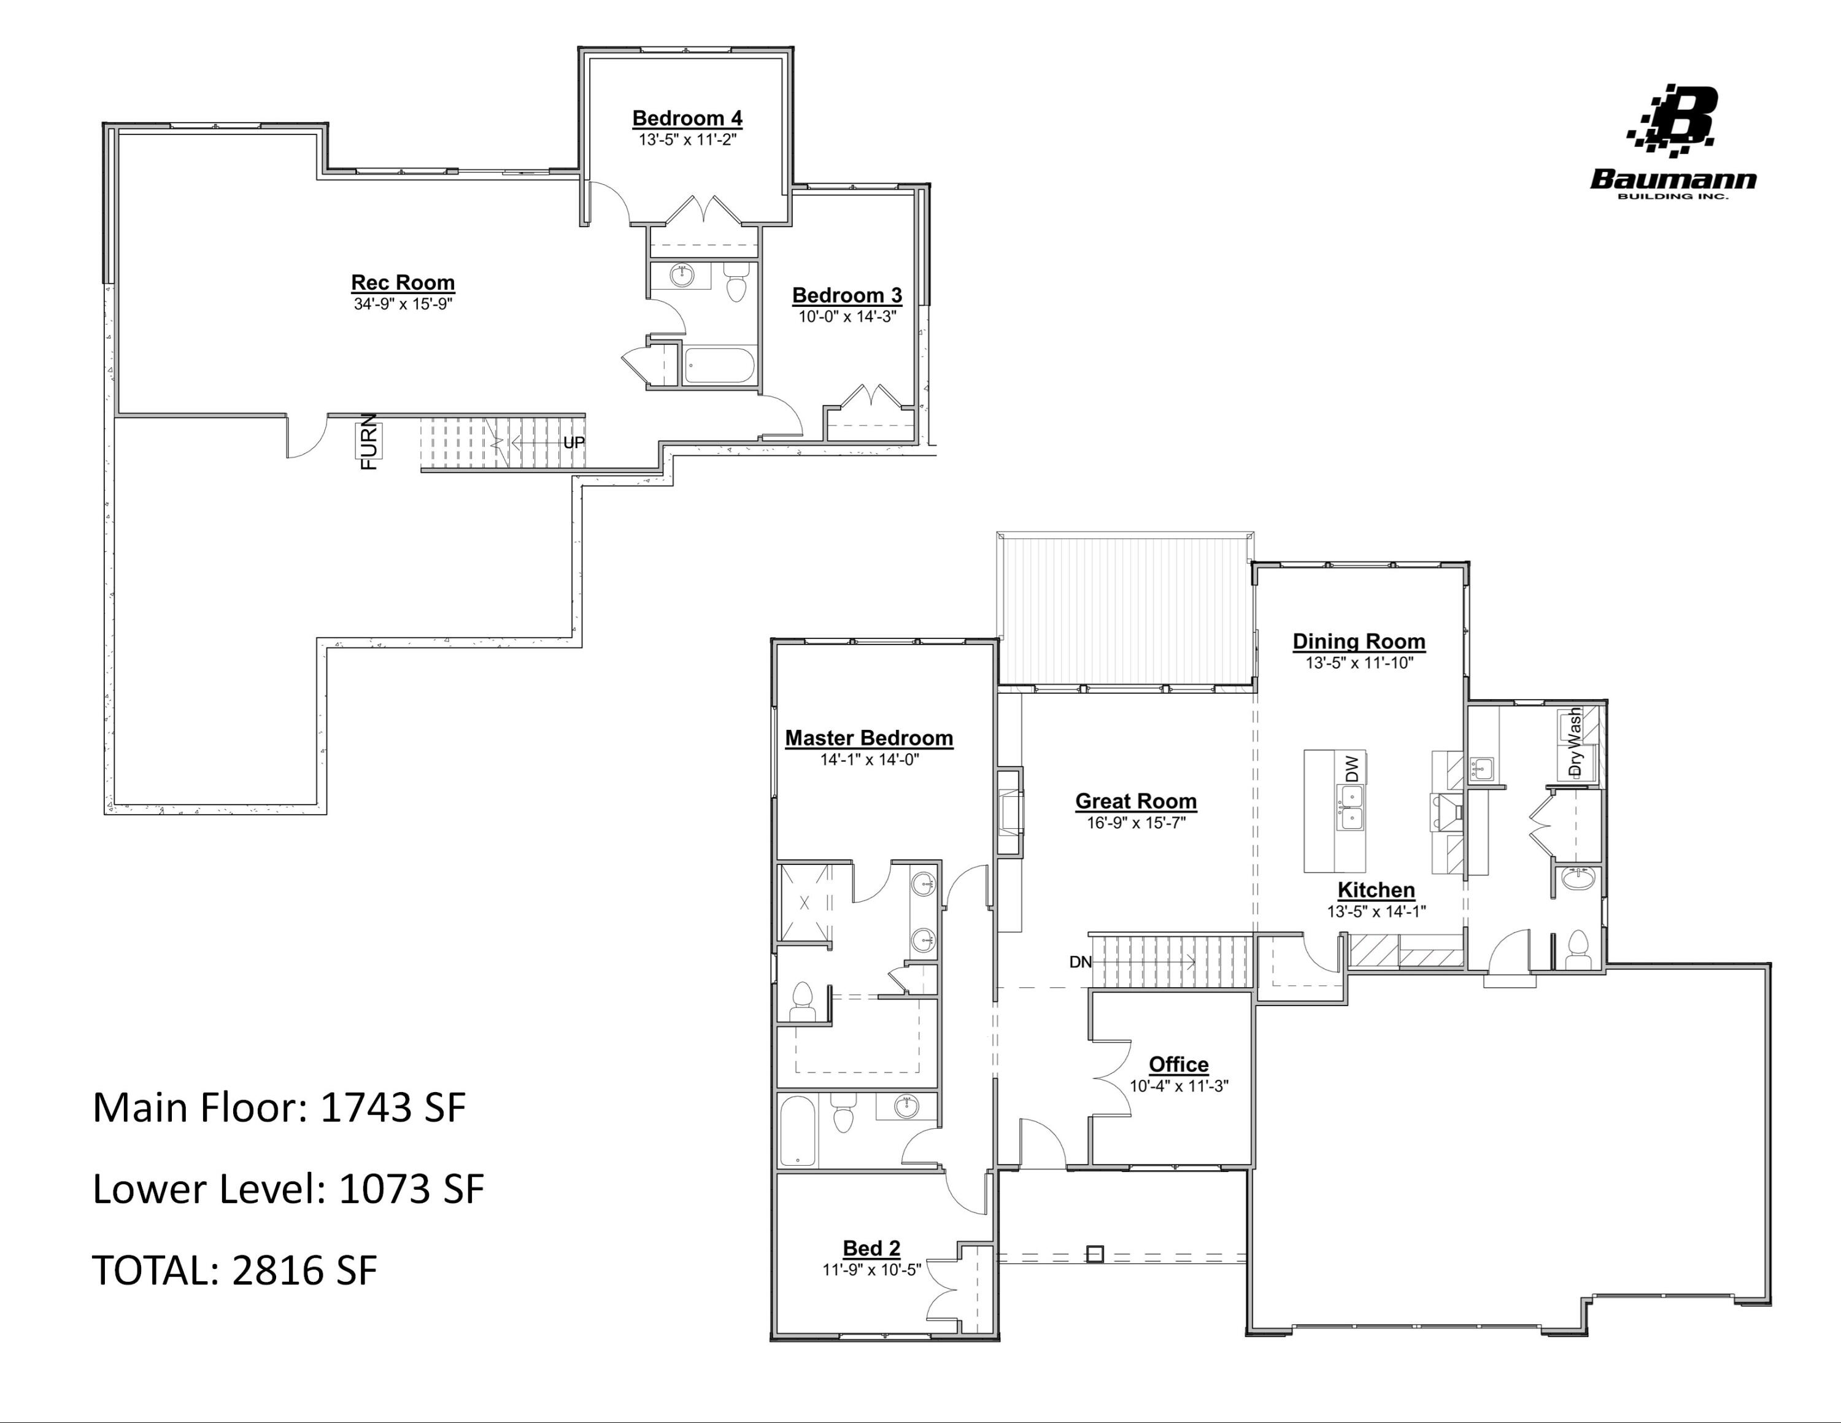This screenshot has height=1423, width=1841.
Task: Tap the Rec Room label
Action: (403, 282)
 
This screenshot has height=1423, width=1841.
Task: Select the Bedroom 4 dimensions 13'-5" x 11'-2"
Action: (687, 140)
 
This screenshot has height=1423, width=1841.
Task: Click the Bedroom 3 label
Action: (846, 295)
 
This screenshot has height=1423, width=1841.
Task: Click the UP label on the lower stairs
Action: (574, 443)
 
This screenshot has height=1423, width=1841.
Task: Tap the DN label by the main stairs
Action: (1080, 962)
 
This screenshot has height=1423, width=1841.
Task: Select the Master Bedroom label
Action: (869, 738)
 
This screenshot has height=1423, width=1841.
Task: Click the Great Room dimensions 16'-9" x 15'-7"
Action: (1135, 823)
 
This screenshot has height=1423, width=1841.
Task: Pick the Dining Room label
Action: (1359, 642)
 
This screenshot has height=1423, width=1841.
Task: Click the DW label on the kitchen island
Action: (1352, 768)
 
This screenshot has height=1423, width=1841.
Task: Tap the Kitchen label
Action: (1376, 890)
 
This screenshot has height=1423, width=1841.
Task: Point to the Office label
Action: (1178, 1064)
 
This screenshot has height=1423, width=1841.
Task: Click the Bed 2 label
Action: (871, 1249)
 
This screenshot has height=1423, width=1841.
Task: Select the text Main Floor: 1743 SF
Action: (279, 1107)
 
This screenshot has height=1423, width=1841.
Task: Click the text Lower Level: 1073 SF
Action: (288, 1188)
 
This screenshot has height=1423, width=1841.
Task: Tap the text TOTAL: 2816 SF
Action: (234, 1270)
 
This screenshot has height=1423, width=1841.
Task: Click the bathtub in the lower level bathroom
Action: (717, 366)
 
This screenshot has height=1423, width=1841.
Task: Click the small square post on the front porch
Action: (1094, 1254)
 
